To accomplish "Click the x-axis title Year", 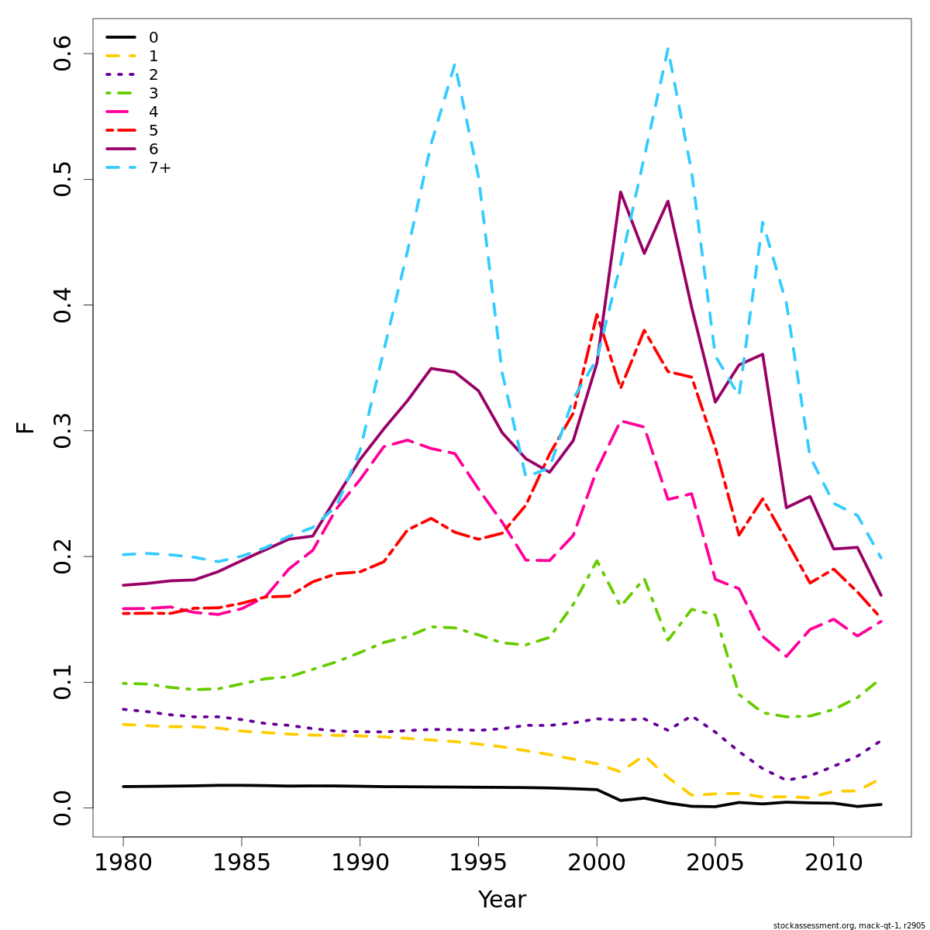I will pos(501,900).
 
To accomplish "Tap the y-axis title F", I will pos(26,427).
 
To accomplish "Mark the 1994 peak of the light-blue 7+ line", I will pos(455,65).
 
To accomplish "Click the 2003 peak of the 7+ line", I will pos(667,49).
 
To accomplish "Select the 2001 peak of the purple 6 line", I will pos(620,192).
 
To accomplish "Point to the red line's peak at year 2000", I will pos(597,315).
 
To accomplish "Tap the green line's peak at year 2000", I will pos(597,560).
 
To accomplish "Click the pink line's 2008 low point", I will pos(786,656).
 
